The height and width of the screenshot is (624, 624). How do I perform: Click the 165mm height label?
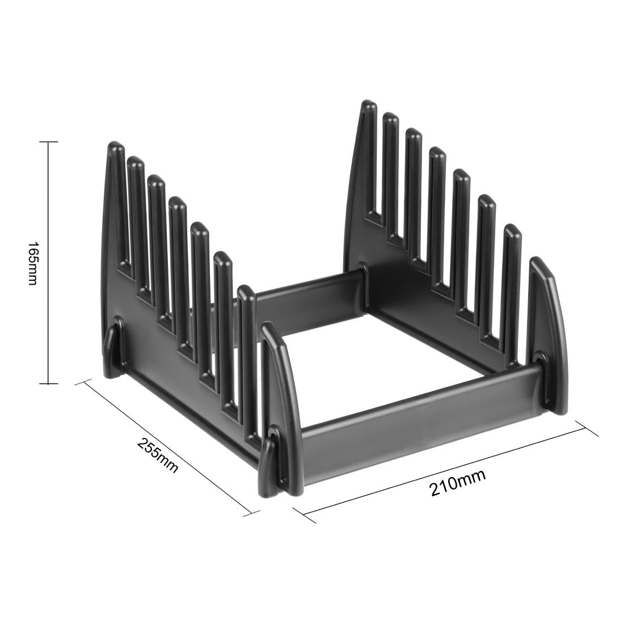32,263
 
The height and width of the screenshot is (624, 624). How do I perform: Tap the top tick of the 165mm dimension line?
49,142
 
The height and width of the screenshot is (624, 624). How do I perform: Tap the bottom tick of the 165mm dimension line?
49,384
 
